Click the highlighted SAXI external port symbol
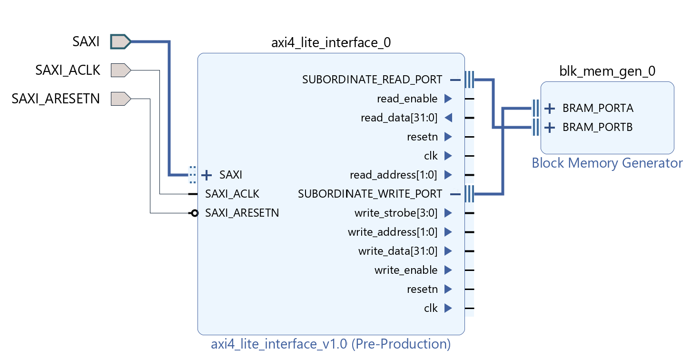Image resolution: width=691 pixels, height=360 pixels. (x=120, y=41)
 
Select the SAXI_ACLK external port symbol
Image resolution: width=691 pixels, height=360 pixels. (x=120, y=70)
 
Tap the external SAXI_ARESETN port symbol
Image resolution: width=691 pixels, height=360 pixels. (x=120, y=99)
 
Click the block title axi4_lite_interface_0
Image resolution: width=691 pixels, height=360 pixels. (x=331, y=43)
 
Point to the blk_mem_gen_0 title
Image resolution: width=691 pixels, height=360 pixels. (x=607, y=71)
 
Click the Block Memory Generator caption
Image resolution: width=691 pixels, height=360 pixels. (x=607, y=163)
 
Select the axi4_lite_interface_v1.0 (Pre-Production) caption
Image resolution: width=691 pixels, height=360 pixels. (x=331, y=344)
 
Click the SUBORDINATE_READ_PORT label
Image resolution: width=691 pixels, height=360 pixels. (x=372, y=80)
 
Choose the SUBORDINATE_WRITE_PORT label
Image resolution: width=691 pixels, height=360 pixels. (x=370, y=194)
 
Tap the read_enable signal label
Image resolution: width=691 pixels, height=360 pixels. (x=407, y=99)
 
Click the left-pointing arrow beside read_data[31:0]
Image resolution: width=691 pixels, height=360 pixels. (x=447, y=118)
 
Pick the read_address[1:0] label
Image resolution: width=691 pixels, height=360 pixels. (x=393, y=175)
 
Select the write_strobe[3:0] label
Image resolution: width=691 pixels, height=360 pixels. (x=395, y=213)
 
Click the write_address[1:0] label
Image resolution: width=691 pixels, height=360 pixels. (x=392, y=232)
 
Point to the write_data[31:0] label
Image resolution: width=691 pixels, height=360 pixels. (x=397, y=251)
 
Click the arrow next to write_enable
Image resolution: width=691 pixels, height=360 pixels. (x=447, y=270)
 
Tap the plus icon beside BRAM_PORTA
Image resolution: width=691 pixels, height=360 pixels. (x=550, y=109)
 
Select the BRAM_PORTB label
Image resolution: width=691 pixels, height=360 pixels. (x=597, y=128)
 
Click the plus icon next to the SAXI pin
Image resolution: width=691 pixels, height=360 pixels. (x=206, y=175)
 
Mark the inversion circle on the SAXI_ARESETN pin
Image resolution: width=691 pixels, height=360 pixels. (x=194, y=213)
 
